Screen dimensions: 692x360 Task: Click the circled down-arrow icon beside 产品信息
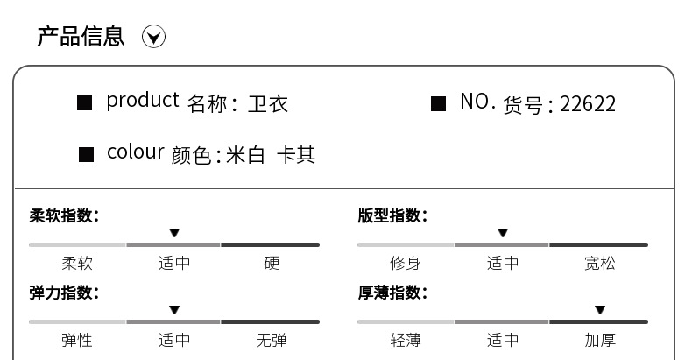[x=153, y=37]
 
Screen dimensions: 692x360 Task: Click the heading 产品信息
[x=81, y=36]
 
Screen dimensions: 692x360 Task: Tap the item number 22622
[x=588, y=105]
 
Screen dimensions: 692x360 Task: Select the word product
[x=142, y=101]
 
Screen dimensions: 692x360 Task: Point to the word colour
[x=135, y=152]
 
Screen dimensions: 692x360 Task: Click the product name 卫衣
[x=268, y=104]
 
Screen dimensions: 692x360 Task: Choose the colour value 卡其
[x=296, y=155]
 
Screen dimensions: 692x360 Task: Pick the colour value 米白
[x=245, y=155]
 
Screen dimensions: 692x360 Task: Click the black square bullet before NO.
[x=439, y=104]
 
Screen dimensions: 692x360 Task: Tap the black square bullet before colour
[x=86, y=155]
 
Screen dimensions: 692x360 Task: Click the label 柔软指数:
[x=64, y=215]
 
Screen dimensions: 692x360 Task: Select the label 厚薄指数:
[x=392, y=293]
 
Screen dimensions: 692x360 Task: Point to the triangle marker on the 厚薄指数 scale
[x=600, y=310]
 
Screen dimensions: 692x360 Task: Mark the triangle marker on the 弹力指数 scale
[x=174, y=310]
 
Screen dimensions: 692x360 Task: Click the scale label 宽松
[x=600, y=263]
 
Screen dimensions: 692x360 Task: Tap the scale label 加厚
[x=600, y=340]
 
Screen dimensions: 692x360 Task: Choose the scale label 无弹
[x=272, y=340]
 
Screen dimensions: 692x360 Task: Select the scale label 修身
[x=405, y=263]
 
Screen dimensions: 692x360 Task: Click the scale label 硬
[x=272, y=263]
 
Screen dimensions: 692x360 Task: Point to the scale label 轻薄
[x=405, y=340]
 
